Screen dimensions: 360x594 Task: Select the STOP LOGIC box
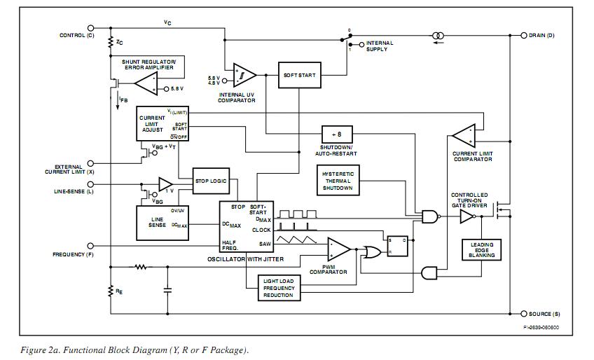tap(210, 181)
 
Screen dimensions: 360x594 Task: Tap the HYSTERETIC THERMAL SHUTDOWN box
tap(338, 181)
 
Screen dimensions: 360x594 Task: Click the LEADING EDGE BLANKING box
tap(482, 250)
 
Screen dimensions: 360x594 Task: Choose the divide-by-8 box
tap(337, 134)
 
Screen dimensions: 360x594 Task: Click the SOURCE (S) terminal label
tap(544, 314)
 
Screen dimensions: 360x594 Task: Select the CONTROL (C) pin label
tap(76, 35)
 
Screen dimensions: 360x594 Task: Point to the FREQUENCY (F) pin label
tap(74, 254)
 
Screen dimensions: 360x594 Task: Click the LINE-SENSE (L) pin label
tap(74, 191)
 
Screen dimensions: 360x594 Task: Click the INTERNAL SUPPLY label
tap(380, 46)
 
